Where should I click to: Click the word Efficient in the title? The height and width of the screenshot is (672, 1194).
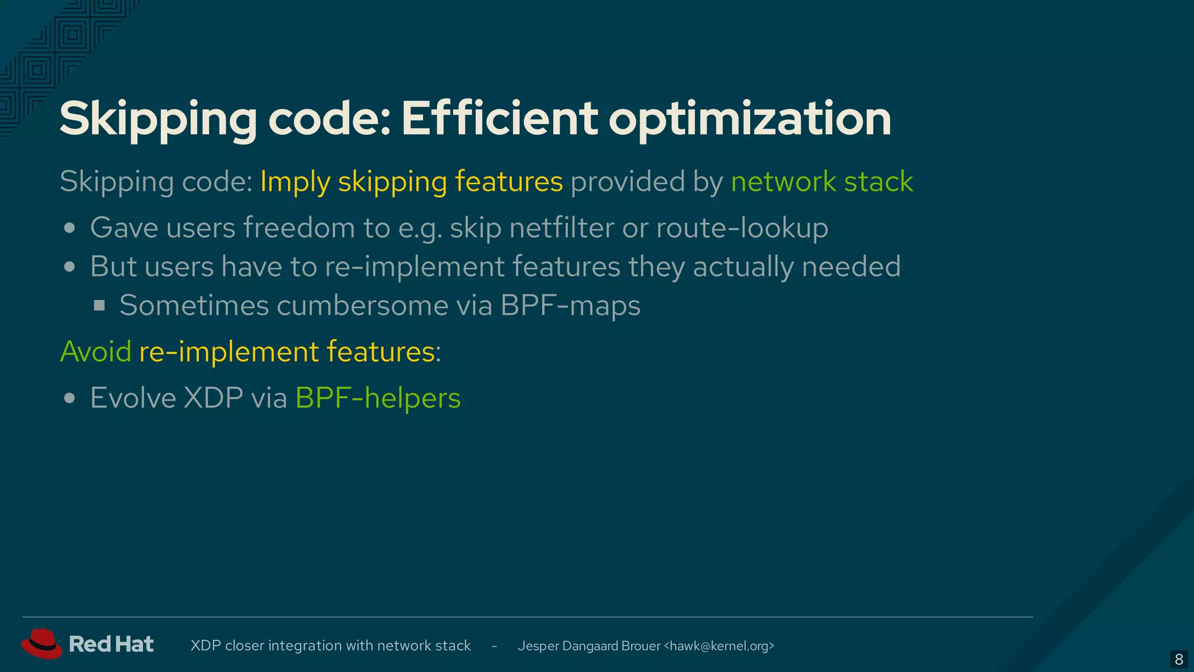(x=499, y=118)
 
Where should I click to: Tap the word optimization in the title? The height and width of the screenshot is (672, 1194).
(x=750, y=120)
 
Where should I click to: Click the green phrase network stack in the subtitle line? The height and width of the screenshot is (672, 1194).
(x=822, y=181)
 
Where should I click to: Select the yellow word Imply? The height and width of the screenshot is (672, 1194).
(x=295, y=181)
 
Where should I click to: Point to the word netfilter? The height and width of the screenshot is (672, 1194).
(x=561, y=228)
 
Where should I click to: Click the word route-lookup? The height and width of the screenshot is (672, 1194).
(x=742, y=228)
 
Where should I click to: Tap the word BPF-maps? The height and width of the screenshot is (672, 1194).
(x=570, y=305)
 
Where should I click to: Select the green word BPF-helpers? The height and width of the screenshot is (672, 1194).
(x=378, y=398)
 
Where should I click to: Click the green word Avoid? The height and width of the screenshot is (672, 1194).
(x=96, y=351)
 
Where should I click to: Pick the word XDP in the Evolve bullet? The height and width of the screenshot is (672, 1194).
(x=213, y=398)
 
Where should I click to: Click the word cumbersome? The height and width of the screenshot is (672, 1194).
(x=361, y=305)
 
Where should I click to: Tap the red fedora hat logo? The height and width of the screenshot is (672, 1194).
(x=41, y=643)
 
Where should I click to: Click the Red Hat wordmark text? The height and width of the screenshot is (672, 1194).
(x=111, y=644)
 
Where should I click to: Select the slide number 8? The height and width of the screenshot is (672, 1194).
(x=1179, y=660)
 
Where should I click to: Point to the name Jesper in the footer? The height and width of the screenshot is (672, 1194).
(x=538, y=646)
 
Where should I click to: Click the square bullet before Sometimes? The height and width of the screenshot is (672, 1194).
(x=100, y=305)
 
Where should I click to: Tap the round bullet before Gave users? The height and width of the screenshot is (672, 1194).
(x=70, y=228)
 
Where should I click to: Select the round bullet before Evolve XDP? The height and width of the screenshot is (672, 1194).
(x=70, y=398)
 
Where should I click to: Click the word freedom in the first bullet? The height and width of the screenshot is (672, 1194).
(x=299, y=228)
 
